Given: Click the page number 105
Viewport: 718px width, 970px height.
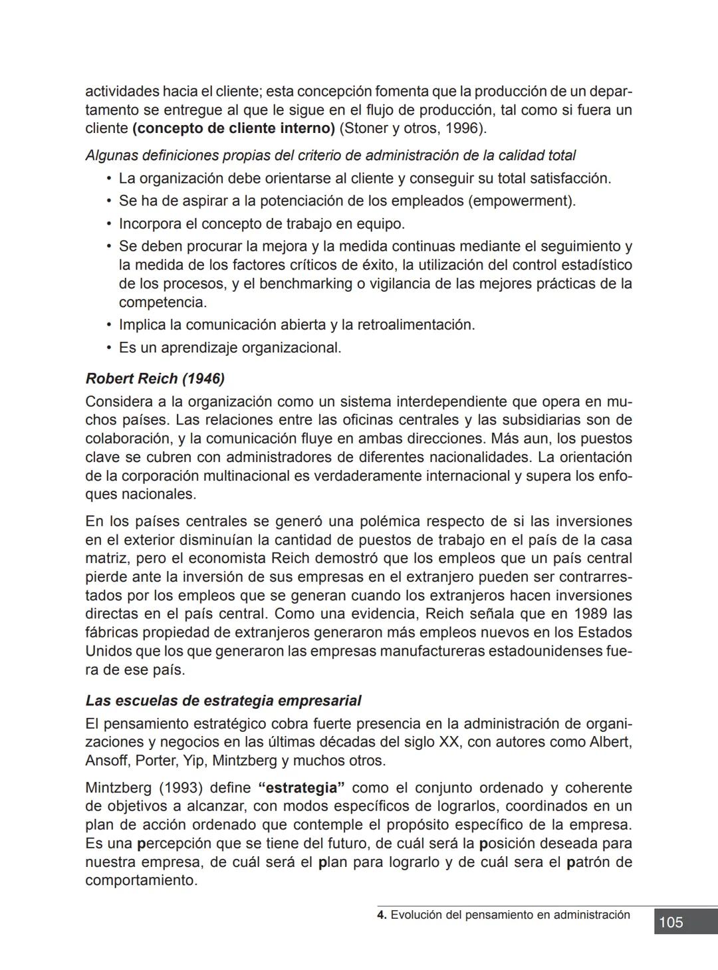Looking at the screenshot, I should (x=671, y=922).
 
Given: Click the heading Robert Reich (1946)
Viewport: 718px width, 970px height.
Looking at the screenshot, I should (x=155, y=379).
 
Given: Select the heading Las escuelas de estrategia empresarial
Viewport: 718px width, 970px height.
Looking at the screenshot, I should (x=223, y=701).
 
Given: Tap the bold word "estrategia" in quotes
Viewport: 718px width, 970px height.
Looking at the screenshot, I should (x=300, y=788).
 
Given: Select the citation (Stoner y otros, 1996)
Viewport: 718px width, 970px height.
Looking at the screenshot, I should (x=413, y=128).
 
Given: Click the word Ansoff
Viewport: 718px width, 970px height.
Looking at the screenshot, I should (x=106, y=761).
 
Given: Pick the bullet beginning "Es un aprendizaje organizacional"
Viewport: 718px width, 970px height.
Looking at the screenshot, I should (x=229, y=348).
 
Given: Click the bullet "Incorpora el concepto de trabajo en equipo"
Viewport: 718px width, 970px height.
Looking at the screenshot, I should (x=261, y=223).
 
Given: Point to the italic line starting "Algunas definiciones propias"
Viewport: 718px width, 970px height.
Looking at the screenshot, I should (x=330, y=156).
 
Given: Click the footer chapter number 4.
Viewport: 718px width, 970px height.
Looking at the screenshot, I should (x=380, y=915).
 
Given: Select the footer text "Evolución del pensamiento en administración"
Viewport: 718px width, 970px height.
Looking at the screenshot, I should (x=510, y=915).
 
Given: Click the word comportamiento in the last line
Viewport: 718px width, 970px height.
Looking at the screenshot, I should (x=140, y=881).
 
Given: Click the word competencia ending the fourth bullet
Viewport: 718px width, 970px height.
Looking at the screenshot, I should (x=162, y=303).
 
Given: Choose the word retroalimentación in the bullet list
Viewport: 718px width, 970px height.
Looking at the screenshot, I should (x=415, y=325).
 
